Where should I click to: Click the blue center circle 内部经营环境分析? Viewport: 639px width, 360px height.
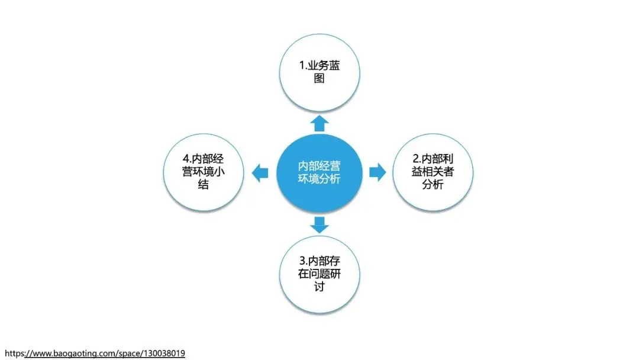(319, 173)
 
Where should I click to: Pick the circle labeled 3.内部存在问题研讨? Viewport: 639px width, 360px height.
(319, 274)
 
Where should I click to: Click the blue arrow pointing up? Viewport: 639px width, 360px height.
(319, 123)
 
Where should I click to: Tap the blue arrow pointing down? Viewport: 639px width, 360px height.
(319, 224)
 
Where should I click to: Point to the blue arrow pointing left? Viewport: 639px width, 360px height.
(259, 173)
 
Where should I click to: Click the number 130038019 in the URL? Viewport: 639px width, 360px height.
(163, 353)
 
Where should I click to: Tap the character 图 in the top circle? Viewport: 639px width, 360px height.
(319, 78)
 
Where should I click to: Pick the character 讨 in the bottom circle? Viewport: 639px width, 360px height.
(319, 287)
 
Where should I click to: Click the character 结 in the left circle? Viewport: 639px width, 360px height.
(204, 185)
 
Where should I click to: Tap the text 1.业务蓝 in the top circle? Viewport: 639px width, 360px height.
(319, 65)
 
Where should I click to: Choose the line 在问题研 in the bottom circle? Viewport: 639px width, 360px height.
(319, 274)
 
